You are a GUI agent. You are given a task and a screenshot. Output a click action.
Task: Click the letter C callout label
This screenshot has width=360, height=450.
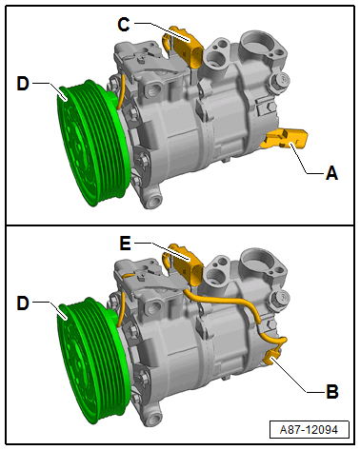[124, 24]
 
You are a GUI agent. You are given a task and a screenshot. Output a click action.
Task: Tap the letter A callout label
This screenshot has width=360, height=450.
[331, 173]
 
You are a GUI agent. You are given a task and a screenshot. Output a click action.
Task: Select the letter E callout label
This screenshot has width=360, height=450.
[125, 244]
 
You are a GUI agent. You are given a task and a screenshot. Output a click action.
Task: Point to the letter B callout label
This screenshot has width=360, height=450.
[332, 391]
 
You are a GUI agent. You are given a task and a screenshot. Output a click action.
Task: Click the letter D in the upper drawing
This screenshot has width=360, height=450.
[23, 84]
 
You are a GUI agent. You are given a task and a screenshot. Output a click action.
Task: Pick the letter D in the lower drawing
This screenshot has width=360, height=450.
[23, 303]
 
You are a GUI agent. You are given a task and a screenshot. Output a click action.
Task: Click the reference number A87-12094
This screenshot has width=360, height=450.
[309, 430]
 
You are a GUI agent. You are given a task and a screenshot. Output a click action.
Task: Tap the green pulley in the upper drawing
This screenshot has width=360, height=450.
[92, 143]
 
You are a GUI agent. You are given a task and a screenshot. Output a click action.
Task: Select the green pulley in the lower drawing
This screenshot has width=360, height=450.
[92, 362]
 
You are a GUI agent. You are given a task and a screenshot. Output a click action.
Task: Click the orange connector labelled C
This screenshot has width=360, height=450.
[188, 47]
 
